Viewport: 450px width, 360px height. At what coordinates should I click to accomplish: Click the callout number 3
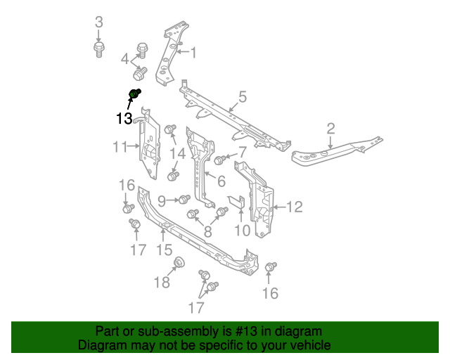coord(98,22)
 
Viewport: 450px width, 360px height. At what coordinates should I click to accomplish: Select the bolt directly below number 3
coord(98,49)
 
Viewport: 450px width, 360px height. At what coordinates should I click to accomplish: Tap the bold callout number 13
coord(124,119)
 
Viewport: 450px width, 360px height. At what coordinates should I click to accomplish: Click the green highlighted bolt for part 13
coord(135,94)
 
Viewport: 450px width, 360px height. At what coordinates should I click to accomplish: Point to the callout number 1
coord(193,53)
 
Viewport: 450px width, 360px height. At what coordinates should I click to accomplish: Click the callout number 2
coord(330,128)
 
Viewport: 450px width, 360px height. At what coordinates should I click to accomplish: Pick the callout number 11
coord(119,146)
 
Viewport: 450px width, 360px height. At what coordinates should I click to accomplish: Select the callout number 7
coord(242,152)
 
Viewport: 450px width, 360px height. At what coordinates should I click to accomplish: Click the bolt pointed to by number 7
coord(219,160)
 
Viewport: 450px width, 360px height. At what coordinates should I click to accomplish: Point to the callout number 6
coord(221,181)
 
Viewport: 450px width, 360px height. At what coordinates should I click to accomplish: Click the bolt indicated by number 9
coord(185,200)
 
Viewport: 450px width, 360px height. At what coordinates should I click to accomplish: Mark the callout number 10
coord(241,230)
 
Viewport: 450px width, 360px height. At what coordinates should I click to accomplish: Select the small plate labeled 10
coord(237,202)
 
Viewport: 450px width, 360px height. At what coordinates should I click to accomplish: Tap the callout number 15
coord(163,250)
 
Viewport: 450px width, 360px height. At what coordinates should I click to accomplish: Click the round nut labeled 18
coord(179,264)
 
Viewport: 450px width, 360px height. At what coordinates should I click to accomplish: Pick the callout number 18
coord(162,283)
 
